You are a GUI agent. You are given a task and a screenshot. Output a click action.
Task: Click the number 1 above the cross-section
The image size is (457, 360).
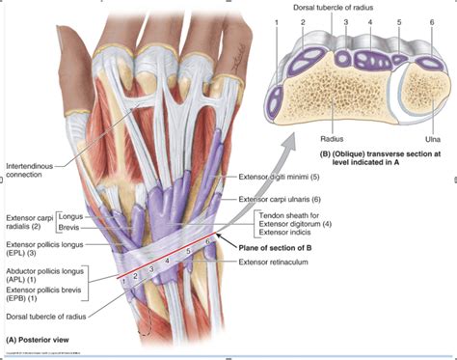point(277,21)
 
